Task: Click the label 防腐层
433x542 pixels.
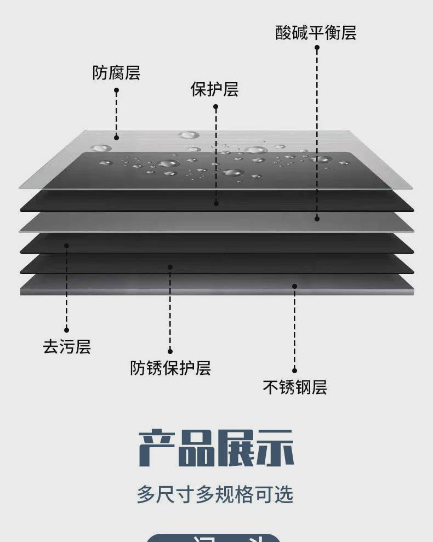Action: point(116,72)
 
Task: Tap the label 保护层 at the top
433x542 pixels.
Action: point(214,89)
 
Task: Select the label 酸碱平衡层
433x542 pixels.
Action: point(316,33)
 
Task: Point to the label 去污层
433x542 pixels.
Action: point(66,347)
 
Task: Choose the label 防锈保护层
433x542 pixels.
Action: point(170,368)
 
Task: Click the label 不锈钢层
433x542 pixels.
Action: point(295,387)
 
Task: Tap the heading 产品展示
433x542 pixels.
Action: point(216,448)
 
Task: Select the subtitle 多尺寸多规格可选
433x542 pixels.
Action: point(215,494)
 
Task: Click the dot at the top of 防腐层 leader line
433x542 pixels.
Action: point(116,90)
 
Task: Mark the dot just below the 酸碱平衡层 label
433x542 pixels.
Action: point(317,48)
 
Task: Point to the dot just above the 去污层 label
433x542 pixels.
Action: point(66,330)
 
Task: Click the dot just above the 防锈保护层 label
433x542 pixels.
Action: point(170,351)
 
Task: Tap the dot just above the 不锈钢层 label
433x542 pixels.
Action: point(294,371)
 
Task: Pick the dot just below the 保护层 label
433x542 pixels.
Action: point(215,106)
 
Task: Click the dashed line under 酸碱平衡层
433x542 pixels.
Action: point(317,132)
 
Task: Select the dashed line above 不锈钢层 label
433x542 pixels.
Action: point(294,329)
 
